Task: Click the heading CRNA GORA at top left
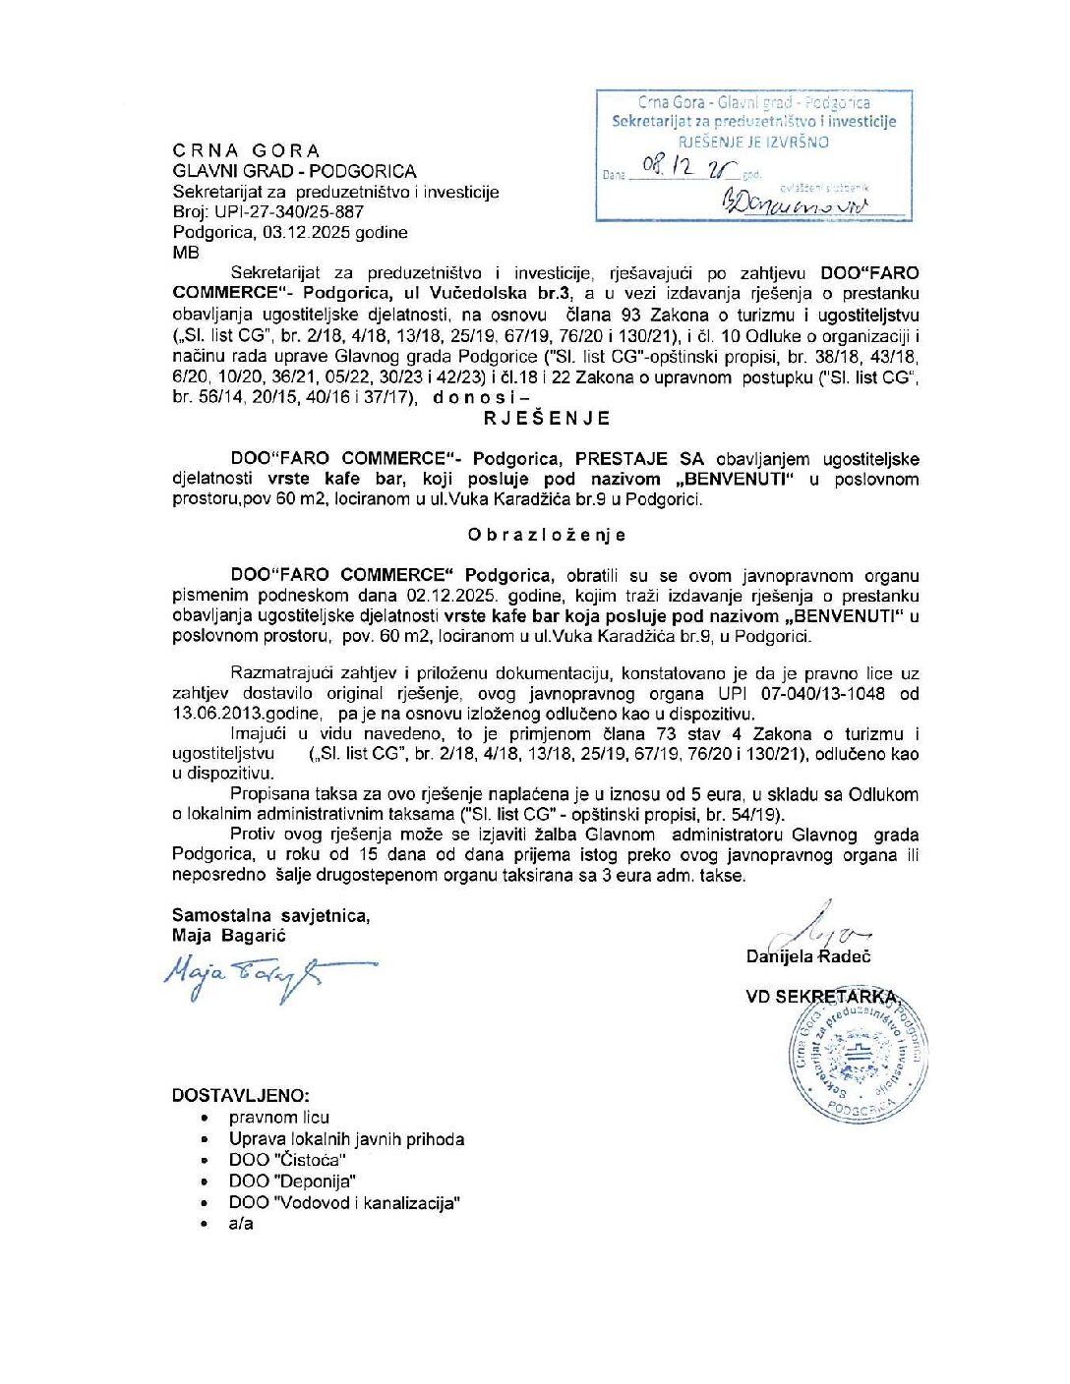pos(246,150)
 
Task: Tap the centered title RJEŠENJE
pos(546,418)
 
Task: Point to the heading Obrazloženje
pos(547,535)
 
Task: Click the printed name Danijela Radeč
pos(807,956)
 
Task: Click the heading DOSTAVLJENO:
pos(241,1095)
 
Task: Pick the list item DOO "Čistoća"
pos(287,1160)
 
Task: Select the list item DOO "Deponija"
pos(292,1182)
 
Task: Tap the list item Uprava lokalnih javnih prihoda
pos(346,1139)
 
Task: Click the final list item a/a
pos(241,1224)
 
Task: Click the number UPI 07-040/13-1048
pos(802,694)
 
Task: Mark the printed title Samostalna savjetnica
pos(270,915)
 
